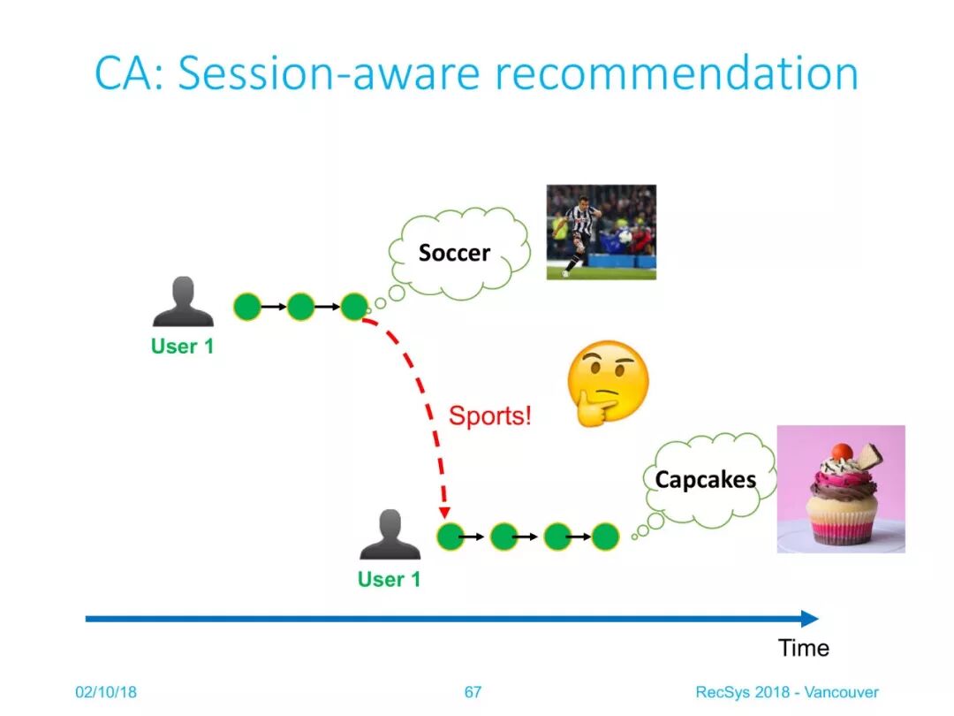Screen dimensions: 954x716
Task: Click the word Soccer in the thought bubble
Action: (454, 253)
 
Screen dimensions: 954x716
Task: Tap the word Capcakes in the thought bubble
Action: (705, 480)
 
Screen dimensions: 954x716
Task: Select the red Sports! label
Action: (489, 415)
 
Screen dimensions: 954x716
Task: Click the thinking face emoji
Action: (608, 383)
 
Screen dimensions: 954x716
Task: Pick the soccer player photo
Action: (602, 232)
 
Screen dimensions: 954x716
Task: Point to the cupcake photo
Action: (841, 489)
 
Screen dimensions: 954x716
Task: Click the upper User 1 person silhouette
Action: (183, 301)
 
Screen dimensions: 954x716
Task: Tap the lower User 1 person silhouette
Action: (390, 534)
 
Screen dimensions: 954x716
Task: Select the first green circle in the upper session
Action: (247, 306)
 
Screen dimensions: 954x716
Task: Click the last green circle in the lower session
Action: (605, 537)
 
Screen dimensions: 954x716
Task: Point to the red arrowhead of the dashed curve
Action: (444, 512)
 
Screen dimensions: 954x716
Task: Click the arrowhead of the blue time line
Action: (810, 619)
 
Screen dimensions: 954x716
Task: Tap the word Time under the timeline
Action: (804, 648)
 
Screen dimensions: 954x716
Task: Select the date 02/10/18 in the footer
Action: (106, 692)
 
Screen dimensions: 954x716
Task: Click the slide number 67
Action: (473, 692)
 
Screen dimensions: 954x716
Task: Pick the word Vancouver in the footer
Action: (842, 692)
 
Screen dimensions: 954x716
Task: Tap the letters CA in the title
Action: (124, 73)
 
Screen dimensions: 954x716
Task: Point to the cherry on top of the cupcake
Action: (842, 452)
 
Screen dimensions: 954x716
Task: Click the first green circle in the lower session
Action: (450, 537)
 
